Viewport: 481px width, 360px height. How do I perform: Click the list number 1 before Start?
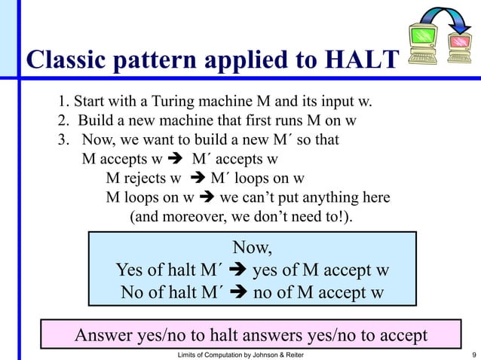[62, 102]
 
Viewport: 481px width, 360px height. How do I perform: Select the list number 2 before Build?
[62, 121]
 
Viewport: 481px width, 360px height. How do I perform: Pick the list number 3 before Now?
[62, 140]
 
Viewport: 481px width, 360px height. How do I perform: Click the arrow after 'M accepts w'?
[178, 160]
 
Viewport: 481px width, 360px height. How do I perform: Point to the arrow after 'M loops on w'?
[207, 198]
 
